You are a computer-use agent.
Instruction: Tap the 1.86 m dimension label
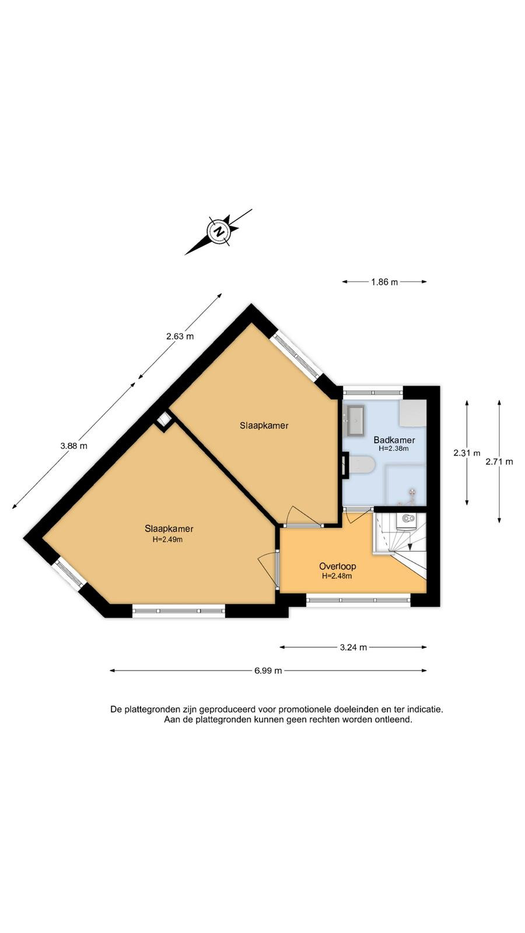tap(384, 282)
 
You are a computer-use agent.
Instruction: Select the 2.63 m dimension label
tap(180, 336)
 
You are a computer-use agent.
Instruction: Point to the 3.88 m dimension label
tap(73, 446)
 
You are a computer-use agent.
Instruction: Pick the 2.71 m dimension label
tap(499, 461)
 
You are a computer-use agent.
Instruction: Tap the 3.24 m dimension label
tap(353, 647)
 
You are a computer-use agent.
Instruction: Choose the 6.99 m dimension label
tap(268, 671)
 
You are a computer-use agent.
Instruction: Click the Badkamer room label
tap(394, 440)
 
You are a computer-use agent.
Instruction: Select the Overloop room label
tap(338, 566)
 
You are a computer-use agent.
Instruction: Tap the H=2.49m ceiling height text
tap(168, 539)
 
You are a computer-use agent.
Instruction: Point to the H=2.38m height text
tap(393, 448)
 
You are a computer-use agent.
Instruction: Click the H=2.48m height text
tap(337, 576)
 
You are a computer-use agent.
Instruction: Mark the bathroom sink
tap(355, 420)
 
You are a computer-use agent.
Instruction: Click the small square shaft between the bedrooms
tap(164, 420)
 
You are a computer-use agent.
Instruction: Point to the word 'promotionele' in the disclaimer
tap(304, 709)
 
